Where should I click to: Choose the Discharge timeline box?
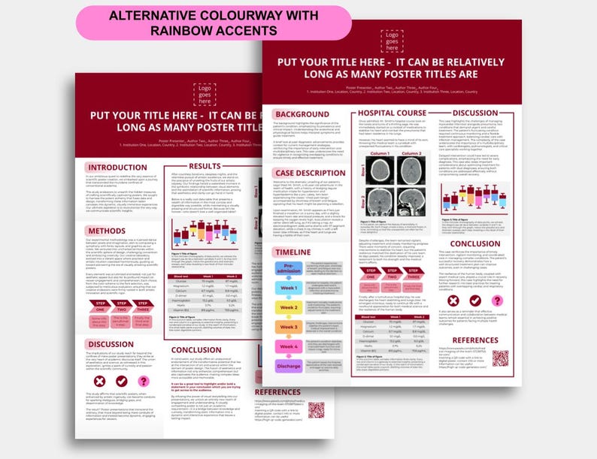(289, 366)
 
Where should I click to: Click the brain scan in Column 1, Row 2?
(379, 200)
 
